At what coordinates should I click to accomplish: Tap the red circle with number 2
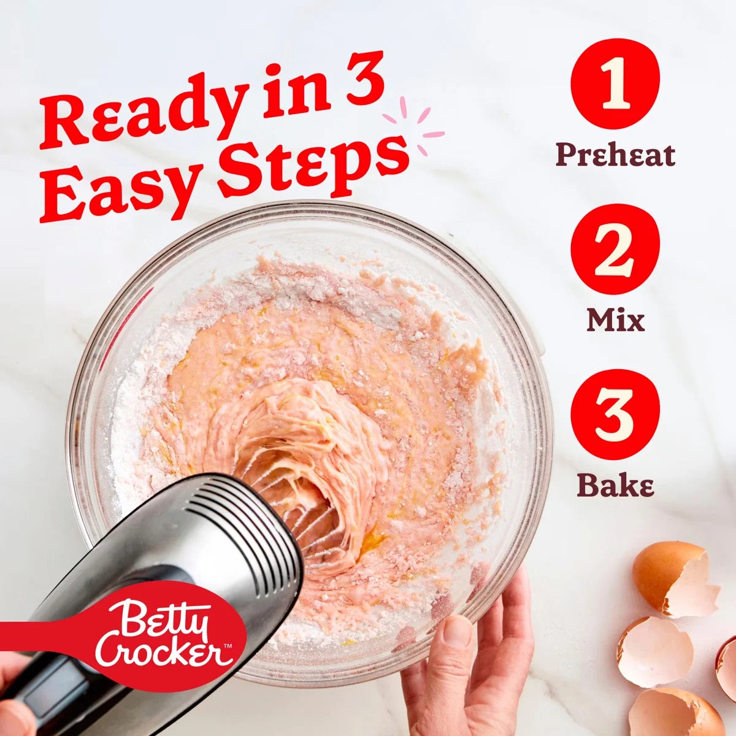tap(615, 255)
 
